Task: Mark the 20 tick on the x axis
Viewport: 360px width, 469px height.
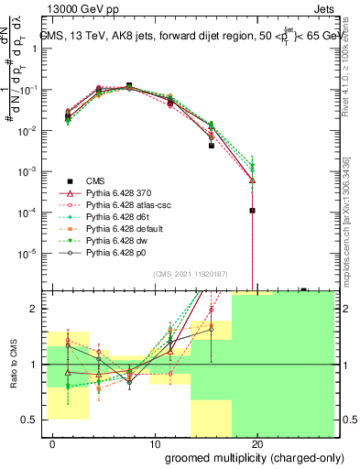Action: [x=256, y=444]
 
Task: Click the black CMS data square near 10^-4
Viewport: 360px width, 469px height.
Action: [x=252, y=210]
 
